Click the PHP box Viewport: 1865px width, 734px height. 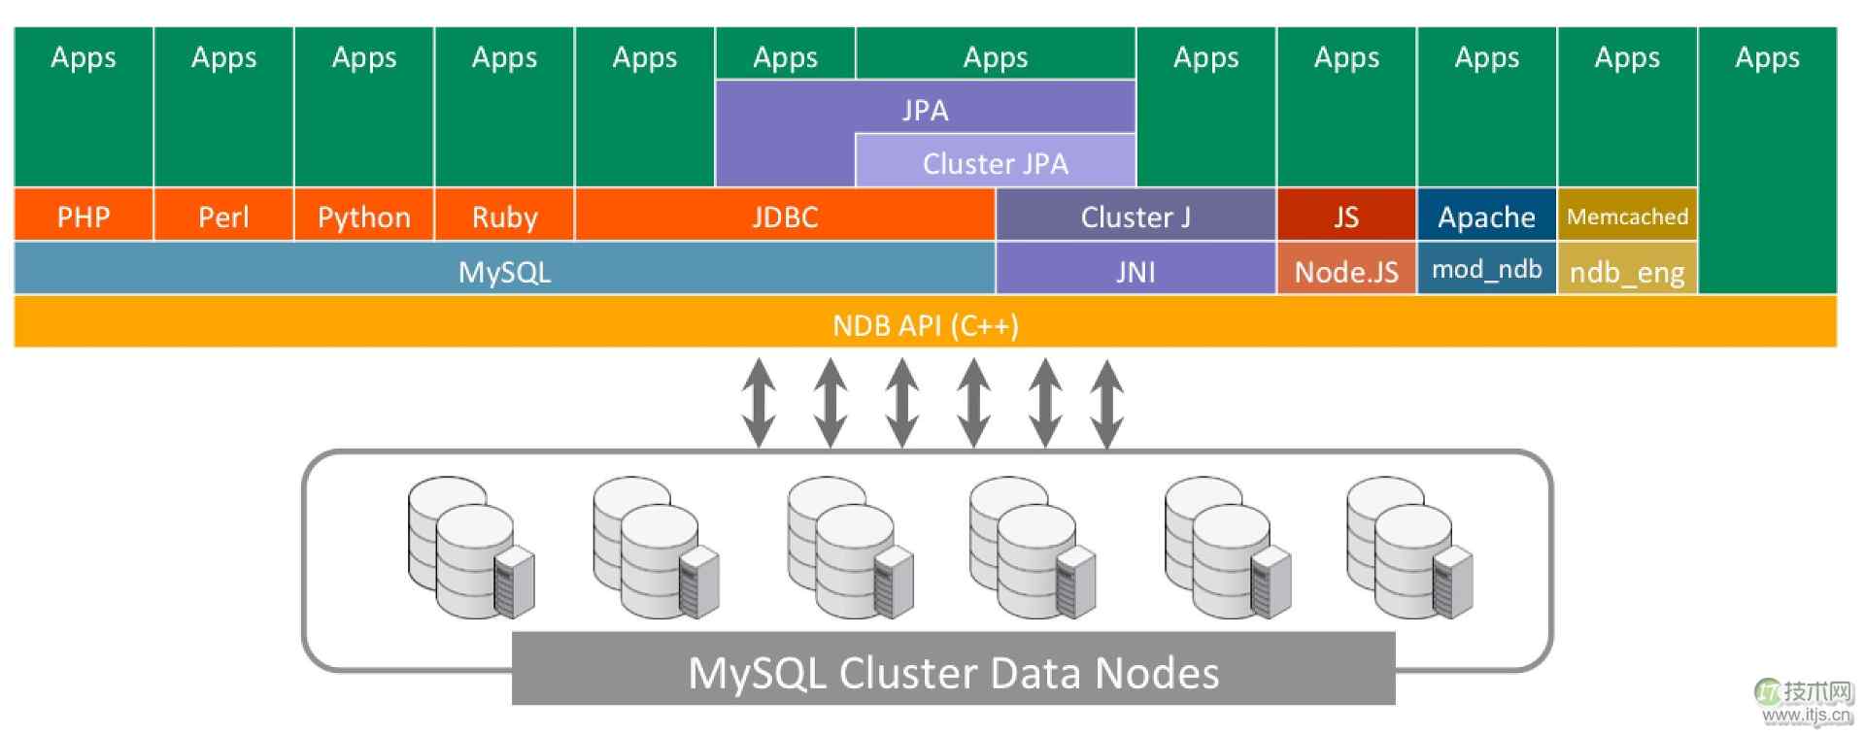tap(84, 216)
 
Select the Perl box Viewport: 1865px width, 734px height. tap(223, 216)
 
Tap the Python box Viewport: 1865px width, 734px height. tap(363, 216)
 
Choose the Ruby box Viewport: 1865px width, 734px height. tap(504, 216)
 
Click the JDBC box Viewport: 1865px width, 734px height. tap(785, 216)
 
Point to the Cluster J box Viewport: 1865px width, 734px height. tap(1135, 216)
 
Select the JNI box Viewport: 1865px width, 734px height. tap(1135, 270)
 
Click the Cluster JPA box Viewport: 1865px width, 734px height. tap(995, 162)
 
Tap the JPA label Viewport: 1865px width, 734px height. tap(925, 109)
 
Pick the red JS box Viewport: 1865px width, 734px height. tap(1345, 216)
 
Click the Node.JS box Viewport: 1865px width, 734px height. tap(1345, 270)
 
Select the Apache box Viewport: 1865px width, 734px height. tap(1486, 216)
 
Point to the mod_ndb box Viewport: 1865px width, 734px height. tap(1486, 270)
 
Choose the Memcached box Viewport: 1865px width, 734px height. tap(1627, 216)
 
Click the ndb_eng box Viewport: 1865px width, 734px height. tap(1627, 271)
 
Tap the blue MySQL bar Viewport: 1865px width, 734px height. tap(504, 270)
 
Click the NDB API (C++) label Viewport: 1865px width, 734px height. tap(925, 324)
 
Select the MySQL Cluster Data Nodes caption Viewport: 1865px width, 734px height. tap(953, 672)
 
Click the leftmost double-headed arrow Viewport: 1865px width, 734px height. tap(759, 403)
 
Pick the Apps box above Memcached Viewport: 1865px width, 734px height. tap(1627, 107)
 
